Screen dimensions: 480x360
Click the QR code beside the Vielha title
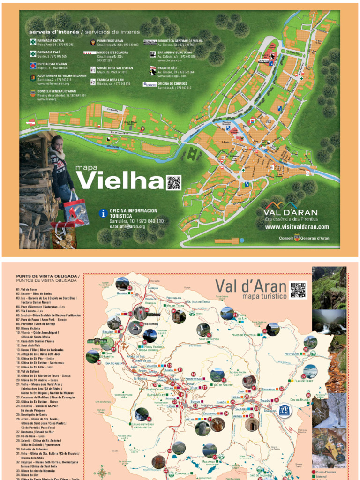pos(173,182)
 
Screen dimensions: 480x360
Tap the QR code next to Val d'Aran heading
pos(298,290)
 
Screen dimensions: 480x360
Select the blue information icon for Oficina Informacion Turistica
pos(104,213)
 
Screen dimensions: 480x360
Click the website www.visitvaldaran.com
pos(297,227)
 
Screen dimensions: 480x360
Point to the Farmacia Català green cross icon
pos(33,42)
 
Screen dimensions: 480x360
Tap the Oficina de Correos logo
pos(150,85)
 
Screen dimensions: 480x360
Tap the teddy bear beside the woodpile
pos(68,240)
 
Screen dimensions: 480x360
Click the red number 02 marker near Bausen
pos(130,288)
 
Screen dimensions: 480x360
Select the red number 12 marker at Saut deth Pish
pos(209,335)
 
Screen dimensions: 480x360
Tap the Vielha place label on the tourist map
pos(190,419)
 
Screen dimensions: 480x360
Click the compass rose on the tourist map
pos(102,472)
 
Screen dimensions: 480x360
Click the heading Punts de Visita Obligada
pos(47,278)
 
